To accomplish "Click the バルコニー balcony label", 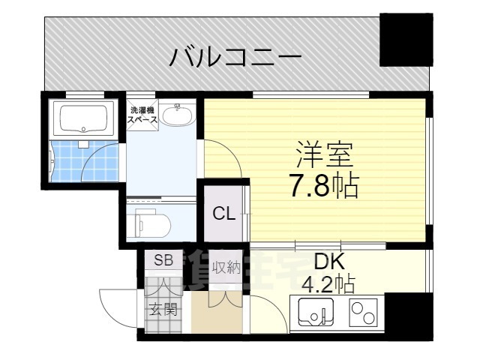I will pos(235,56).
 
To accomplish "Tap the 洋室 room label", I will pos(323,154).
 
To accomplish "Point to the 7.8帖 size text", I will pos(324,184).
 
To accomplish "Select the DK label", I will pos(328,262).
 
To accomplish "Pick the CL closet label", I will pos(223,213).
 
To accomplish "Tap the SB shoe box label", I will pos(163,260).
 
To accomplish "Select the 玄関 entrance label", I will pos(163,308).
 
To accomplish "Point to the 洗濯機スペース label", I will pos(142,115).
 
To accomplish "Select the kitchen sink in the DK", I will pos(314,311).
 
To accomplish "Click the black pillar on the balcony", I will pos(406,39).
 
